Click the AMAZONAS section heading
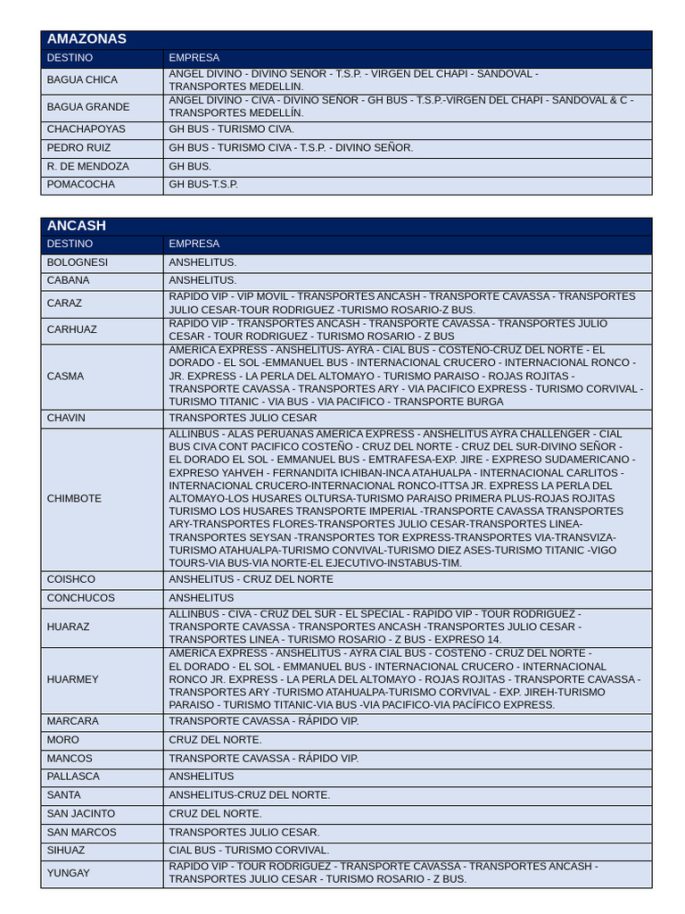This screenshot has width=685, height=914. [87, 39]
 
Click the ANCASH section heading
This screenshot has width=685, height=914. [76, 226]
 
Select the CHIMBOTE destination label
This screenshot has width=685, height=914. [74, 499]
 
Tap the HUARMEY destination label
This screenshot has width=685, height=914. [73, 679]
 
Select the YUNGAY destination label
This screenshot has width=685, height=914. [69, 873]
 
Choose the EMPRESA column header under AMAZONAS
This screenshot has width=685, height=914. [194, 58]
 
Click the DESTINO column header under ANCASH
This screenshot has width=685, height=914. [70, 244]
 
